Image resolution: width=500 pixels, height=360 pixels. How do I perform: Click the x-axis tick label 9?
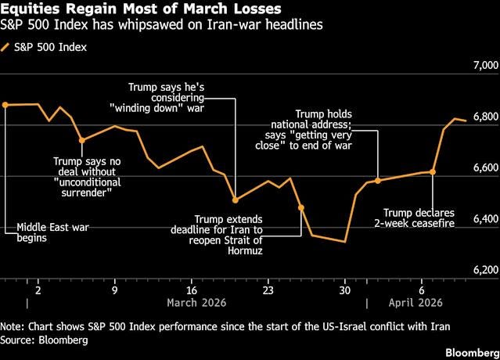point(115,288)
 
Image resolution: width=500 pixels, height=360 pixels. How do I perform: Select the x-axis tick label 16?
point(192,288)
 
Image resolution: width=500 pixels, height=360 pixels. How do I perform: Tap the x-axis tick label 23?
point(268,288)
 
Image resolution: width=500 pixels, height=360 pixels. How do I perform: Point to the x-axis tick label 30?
point(344,288)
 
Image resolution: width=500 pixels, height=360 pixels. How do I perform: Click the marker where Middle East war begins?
point(5,104)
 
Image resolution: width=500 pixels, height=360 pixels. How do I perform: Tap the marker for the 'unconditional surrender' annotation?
point(81,141)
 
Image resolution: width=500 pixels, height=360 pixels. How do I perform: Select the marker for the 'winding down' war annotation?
point(236,200)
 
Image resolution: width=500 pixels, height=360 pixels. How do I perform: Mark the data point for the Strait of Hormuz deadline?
point(301,207)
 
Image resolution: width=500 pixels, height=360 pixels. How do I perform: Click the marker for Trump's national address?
point(378,181)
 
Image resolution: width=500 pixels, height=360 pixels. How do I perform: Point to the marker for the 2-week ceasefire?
point(433,171)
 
